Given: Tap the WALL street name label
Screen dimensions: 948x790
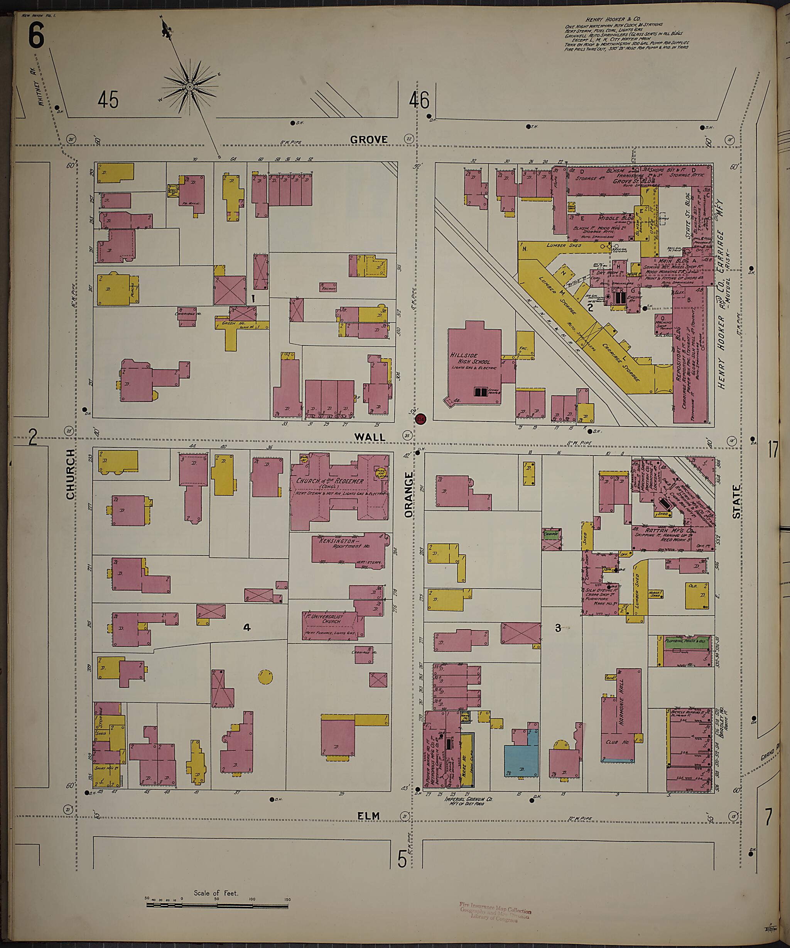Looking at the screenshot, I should [370, 437].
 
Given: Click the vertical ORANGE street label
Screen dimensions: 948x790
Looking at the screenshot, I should [409, 495].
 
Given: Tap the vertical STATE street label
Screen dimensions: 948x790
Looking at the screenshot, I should [736, 501].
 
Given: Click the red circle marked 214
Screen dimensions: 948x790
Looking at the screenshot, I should [420, 419].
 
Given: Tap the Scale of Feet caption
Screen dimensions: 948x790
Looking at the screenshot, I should [216, 893].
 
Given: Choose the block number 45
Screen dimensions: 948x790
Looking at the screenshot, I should [108, 99].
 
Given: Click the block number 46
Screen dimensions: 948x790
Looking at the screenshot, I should [419, 100].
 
